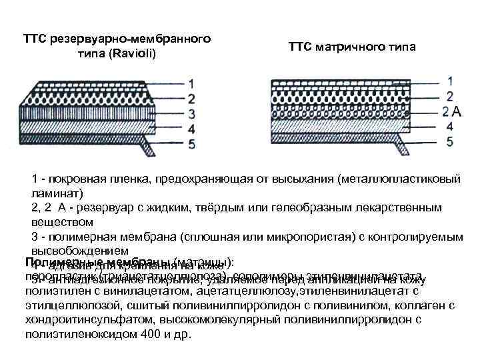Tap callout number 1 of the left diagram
coord(191,84)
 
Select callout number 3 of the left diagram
coord(191,113)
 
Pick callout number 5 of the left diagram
coord(191,143)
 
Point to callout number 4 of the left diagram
coord(191,128)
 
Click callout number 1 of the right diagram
coord(450,81)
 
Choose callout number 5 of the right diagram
coord(450,141)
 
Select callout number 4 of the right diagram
coord(450,125)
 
